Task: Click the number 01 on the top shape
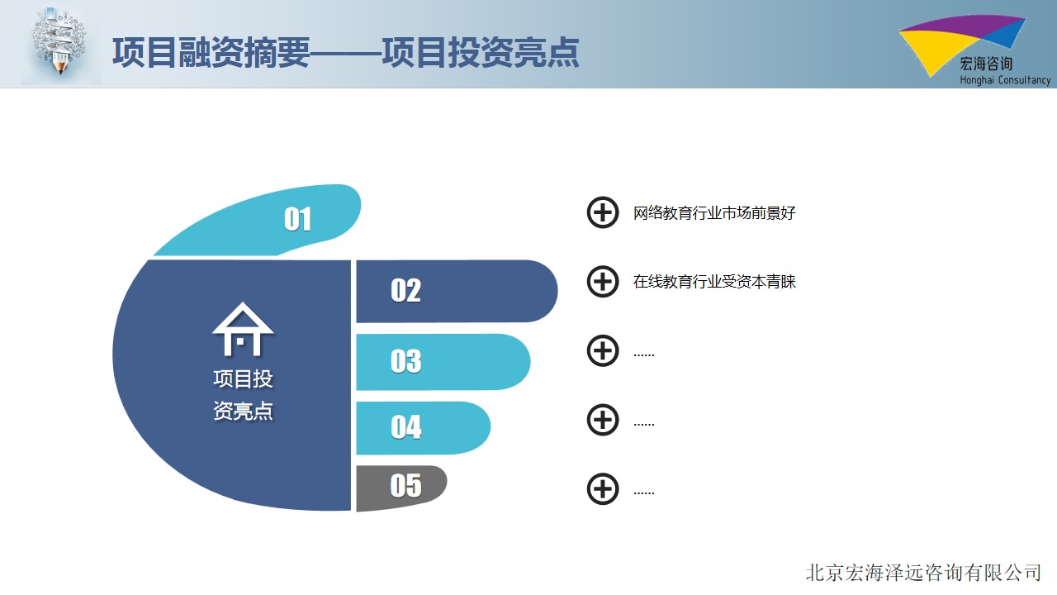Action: click(x=297, y=219)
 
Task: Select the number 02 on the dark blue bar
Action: click(x=405, y=290)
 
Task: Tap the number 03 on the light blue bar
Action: click(x=405, y=361)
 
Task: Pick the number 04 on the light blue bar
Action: click(x=405, y=427)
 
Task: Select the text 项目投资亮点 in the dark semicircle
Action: click(x=243, y=395)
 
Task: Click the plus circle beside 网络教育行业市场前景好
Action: click(x=603, y=212)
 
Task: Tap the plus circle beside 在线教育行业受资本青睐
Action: click(x=603, y=282)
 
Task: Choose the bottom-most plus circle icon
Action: click(x=603, y=488)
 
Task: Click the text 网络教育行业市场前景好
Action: click(x=714, y=213)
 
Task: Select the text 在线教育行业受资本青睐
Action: click(x=714, y=282)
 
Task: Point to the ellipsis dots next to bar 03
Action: click(x=644, y=355)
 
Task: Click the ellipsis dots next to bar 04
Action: click(x=644, y=424)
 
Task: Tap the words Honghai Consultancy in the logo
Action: click(x=1005, y=80)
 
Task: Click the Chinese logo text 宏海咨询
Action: click(x=986, y=64)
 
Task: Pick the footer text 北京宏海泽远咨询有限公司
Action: click(x=923, y=573)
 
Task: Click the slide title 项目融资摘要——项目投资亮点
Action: click(x=345, y=52)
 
